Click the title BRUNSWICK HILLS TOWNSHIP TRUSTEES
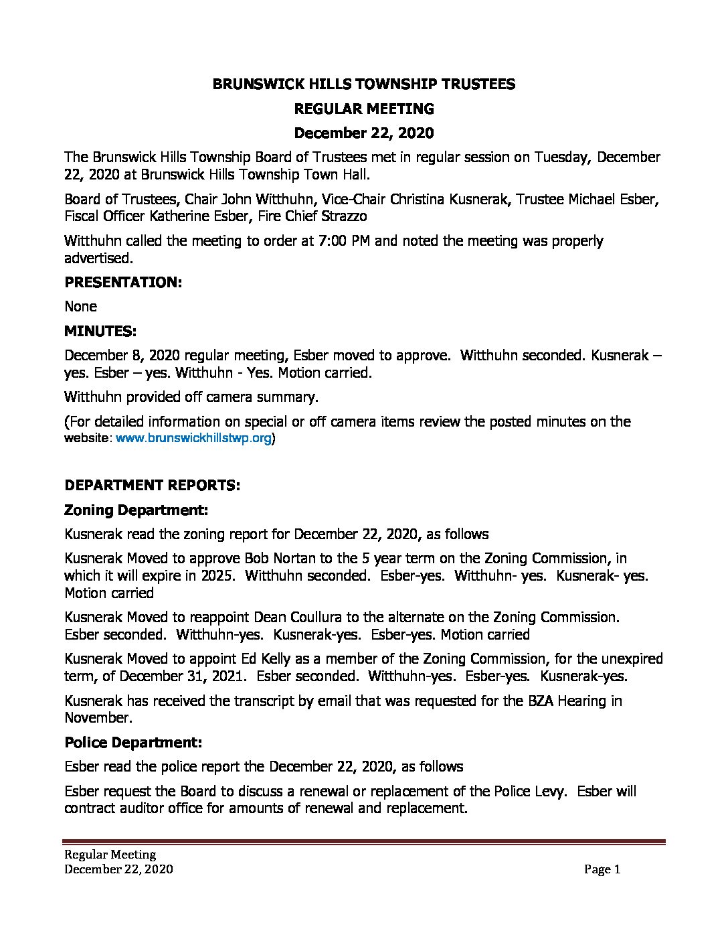pos(364,84)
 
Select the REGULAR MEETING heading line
pos(364,108)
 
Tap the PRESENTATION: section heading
pos(123,282)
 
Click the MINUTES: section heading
pos(100,331)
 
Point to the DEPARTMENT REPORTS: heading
pos(152,485)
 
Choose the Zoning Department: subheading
pos(136,510)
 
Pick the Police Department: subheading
pos(133,742)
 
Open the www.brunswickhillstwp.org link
pos(194,439)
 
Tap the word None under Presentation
pos(80,306)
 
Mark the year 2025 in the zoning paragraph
pos(218,575)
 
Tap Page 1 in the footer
pos(602,869)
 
